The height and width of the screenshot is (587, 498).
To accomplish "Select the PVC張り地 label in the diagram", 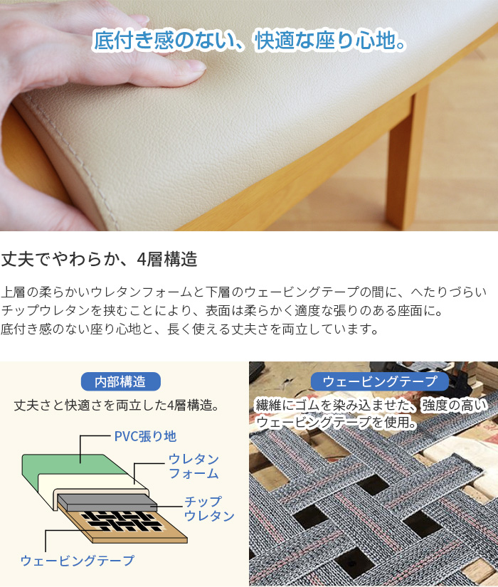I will coord(145,435).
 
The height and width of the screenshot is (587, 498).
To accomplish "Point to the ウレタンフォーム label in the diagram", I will coord(193,466).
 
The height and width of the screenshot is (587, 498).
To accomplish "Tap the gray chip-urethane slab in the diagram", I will coord(107,501).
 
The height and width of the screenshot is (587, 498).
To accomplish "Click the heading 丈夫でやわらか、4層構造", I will coord(99,259).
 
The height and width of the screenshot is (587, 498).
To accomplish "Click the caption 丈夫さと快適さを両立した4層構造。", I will coord(116,405).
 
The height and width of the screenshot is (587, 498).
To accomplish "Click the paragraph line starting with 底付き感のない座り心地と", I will coord(189,329).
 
